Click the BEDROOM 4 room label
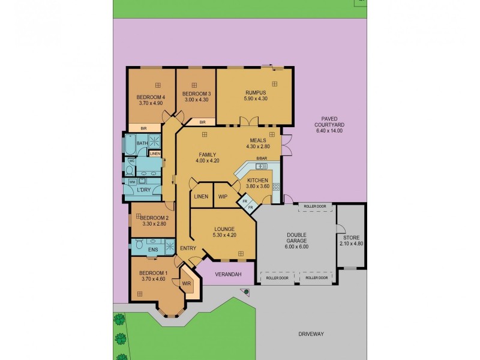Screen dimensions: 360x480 (x=151, y=97)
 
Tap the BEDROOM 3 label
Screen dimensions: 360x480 (x=196, y=94)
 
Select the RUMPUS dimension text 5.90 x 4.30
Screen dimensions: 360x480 (x=255, y=98)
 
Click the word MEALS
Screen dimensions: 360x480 (x=258, y=140)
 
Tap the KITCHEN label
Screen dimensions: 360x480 (x=258, y=179)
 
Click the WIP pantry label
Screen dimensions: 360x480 (x=223, y=197)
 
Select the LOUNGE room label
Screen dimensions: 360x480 (x=224, y=229)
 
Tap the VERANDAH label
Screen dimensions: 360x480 (x=228, y=274)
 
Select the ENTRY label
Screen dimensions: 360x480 (x=188, y=248)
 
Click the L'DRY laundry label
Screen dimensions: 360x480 (x=143, y=190)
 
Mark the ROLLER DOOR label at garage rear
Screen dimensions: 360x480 (x=315, y=206)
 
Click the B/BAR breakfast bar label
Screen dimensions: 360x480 (x=261, y=158)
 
